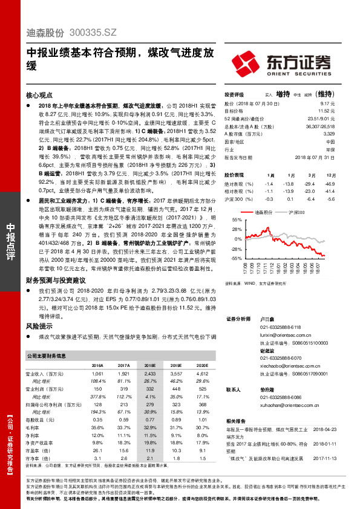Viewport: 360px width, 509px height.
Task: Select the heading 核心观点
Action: coord(40,96)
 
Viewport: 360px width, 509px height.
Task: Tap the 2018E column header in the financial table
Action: coord(149,366)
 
